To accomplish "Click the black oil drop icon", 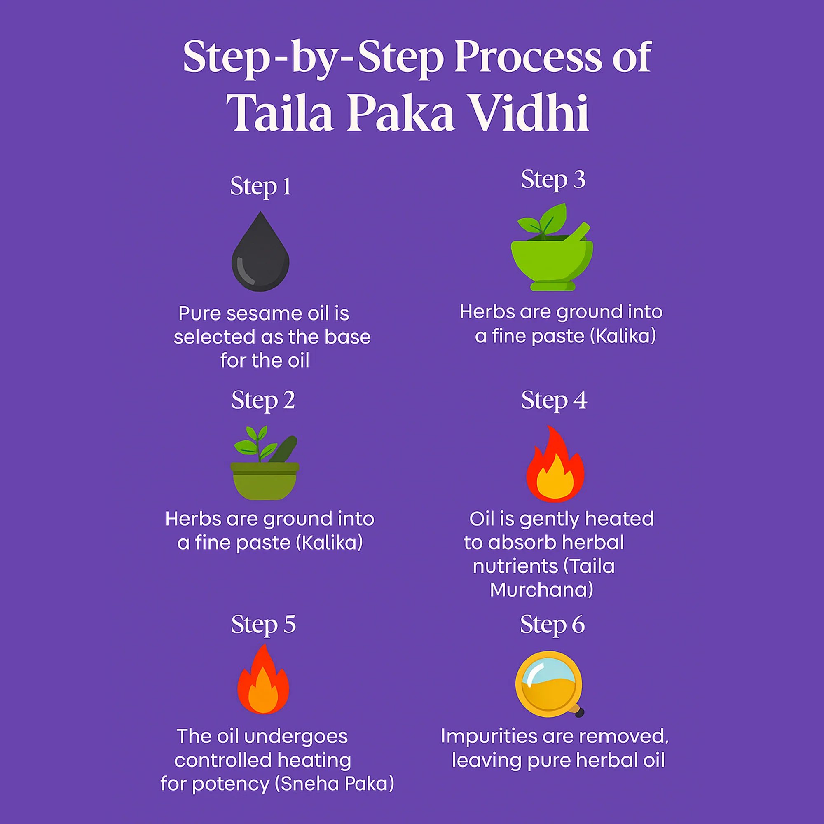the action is pyautogui.click(x=260, y=253).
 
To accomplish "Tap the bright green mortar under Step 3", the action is pyautogui.click(x=552, y=247).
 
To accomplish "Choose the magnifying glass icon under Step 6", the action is pyautogui.click(x=549, y=684).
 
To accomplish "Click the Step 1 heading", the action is pyautogui.click(x=261, y=187).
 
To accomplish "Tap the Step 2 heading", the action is pyautogui.click(x=263, y=401).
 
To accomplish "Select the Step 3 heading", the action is pyautogui.click(x=553, y=180).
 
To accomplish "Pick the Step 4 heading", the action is pyautogui.click(x=554, y=401).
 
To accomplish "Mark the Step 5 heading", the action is pyautogui.click(x=263, y=625).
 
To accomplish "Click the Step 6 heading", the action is pyautogui.click(x=552, y=625).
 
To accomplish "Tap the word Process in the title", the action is pyautogui.click(x=528, y=56).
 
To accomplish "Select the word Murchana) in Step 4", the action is pyautogui.click(x=542, y=590).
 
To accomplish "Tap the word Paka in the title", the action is pyautogui.click(x=400, y=112).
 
